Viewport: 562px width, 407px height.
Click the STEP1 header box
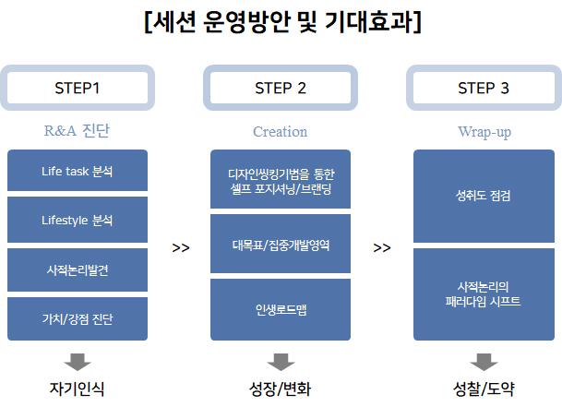click(78, 88)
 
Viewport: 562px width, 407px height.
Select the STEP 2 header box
click(281, 88)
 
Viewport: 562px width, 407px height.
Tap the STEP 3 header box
click(484, 88)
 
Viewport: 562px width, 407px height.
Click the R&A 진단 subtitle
click(77, 131)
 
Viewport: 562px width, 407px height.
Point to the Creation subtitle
click(280, 132)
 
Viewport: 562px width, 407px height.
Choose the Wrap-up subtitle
click(484, 132)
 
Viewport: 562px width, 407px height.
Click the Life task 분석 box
click(78, 171)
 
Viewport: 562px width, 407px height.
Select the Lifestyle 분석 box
click(78, 220)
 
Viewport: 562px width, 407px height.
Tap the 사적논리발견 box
click(78, 269)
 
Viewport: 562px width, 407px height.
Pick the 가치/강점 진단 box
click(78, 318)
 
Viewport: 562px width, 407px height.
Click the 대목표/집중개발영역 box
click(281, 244)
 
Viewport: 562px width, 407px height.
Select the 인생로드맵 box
click(281, 310)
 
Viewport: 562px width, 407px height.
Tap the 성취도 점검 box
click(484, 197)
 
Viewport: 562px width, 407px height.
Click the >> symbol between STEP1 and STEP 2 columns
click(181, 247)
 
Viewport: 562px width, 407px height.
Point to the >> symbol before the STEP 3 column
click(382, 247)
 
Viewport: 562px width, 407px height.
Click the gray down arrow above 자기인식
click(78, 362)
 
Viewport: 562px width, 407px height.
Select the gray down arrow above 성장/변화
click(281, 362)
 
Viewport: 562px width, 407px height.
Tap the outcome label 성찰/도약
click(484, 389)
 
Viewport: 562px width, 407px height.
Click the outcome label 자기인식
click(78, 389)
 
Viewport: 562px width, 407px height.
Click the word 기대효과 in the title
click(368, 21)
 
